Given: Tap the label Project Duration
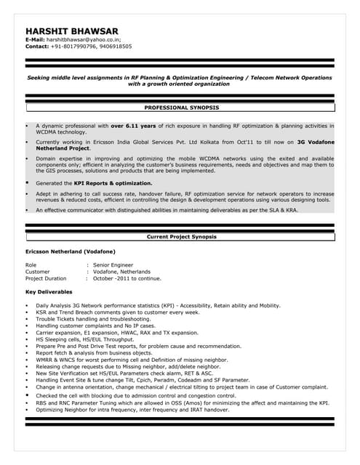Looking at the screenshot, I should click(46, 278).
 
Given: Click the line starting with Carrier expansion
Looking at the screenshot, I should click(106, 333).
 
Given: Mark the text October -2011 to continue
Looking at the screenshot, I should click(127, 278).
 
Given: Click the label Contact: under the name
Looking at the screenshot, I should click(36, 46).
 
